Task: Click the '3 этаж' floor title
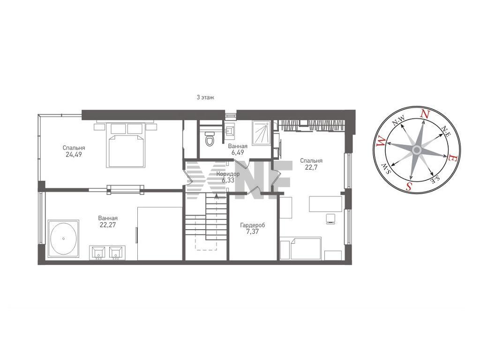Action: click(205, 97)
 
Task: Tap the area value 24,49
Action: click(74, 155)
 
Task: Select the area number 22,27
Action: click(108, 225)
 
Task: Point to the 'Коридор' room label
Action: click(228, 174)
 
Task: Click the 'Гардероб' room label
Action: click(253, 225)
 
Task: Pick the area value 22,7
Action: click(311, 167)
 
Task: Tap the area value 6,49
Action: click(238, 152)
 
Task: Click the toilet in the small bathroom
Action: click(210, 139)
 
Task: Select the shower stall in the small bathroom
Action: click(262, 133)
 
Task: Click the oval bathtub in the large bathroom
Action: click(63, 239)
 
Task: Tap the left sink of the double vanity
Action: click(98, 252)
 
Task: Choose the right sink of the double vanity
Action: click(116, 252)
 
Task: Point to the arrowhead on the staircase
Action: click(217, 196)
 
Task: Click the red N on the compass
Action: click(425, 114)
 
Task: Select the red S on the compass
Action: click(408, 186)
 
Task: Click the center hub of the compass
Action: click(416, 150)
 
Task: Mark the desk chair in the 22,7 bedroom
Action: click(330, 219)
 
